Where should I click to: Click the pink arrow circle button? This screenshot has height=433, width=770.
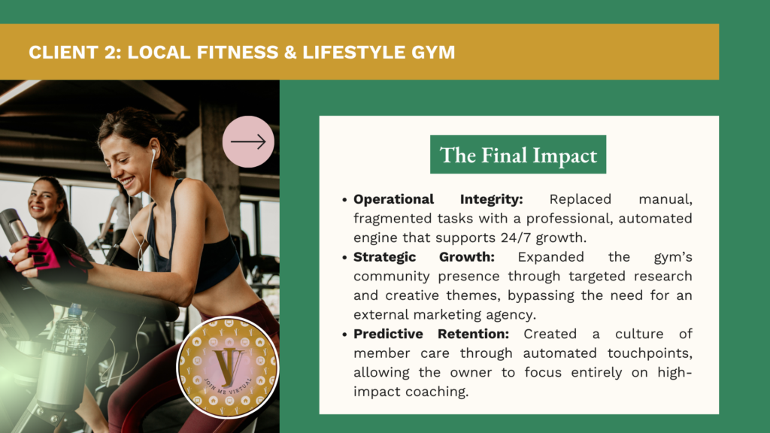(248, 142)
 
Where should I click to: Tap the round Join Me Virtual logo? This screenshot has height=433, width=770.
(228, 368)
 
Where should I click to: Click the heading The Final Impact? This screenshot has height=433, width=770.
(518, 155)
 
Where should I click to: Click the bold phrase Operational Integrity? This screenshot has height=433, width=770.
(438, 199)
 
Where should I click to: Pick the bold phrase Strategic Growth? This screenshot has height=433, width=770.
(424, 257)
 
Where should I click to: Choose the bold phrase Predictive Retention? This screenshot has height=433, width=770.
(431, 334)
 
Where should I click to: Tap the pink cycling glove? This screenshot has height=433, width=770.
(56, 259)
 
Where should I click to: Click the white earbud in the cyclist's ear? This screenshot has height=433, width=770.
(153, 155)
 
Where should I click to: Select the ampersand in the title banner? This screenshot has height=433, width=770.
(290, 52)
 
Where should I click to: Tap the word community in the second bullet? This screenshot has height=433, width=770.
(391, 277)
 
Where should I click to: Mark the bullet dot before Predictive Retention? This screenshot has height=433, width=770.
(344, 335)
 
